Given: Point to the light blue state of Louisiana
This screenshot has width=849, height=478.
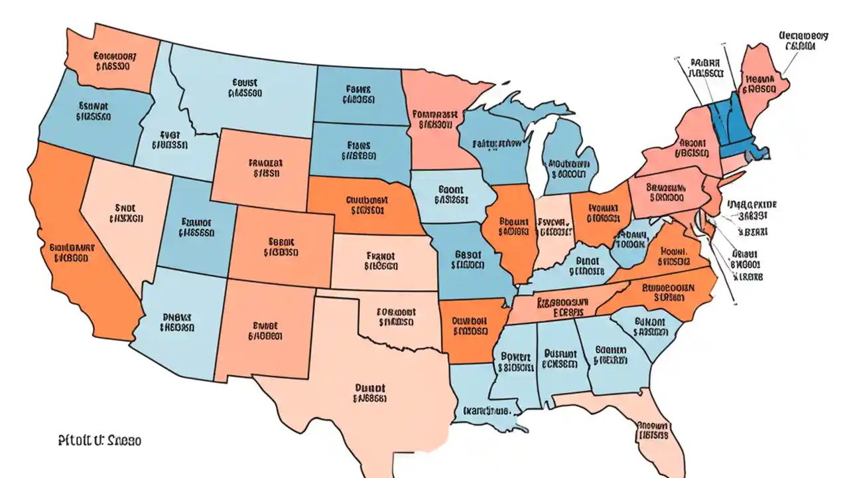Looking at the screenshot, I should click(478, 398).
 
